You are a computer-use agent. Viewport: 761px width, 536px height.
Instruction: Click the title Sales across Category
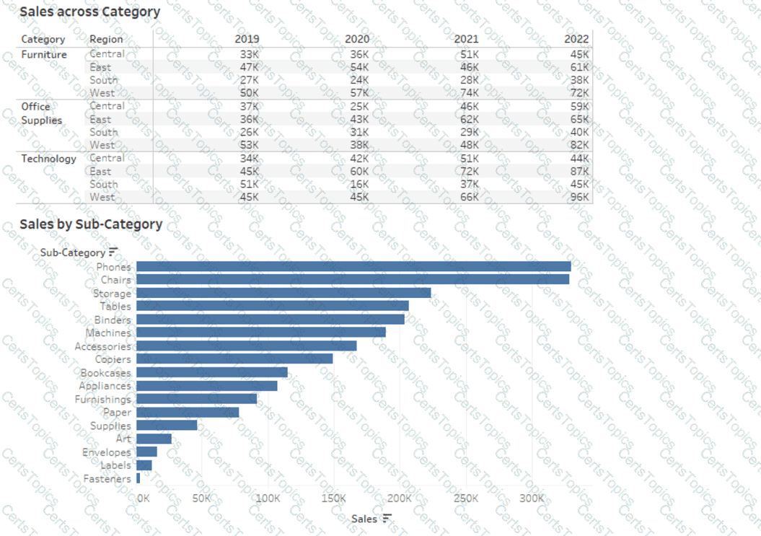(89, 12)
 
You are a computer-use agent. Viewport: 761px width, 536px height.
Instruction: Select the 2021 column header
(466, 39)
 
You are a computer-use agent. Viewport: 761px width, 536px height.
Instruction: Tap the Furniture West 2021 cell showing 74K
(469, 93)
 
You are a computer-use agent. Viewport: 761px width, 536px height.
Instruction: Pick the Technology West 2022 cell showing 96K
(579, 197)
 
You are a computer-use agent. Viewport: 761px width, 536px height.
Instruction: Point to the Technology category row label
(48, 159)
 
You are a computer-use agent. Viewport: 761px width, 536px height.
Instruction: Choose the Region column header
(106, 39)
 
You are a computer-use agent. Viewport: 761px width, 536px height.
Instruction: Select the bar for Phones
(353, 267)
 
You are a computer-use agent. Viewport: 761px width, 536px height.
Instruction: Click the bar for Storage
(283, 293)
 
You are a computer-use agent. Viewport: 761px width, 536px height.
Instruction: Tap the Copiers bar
(234, 359)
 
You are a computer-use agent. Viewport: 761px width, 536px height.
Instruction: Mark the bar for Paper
(188, 412)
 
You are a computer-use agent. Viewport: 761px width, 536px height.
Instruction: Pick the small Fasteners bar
(138, 478)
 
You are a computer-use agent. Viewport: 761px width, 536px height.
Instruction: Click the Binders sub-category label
(113, 320)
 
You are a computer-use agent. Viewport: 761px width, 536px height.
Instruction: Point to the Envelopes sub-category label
(106, 452)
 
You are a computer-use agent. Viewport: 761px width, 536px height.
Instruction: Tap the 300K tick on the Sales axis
(532, 498)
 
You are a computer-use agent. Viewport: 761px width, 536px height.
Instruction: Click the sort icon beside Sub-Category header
(113, 252)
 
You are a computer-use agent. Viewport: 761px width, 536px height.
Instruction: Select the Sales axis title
(364, 519)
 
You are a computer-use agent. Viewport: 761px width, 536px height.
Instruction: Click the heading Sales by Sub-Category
(91, 224)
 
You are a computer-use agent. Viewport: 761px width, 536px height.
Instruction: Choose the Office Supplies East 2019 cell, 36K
(248, 119)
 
